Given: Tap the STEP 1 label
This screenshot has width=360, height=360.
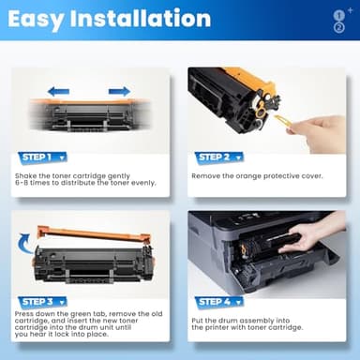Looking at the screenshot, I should (38, 157).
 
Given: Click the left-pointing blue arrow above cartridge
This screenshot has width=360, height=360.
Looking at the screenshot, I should (58, 91).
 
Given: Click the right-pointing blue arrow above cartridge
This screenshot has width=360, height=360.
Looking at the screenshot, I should (119, 91).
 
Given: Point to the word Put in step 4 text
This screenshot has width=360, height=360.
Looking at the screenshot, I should (198, 319).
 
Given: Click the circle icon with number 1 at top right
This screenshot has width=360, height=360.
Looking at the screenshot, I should (338, 15).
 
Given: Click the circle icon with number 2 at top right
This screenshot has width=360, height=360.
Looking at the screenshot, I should (339, 27).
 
